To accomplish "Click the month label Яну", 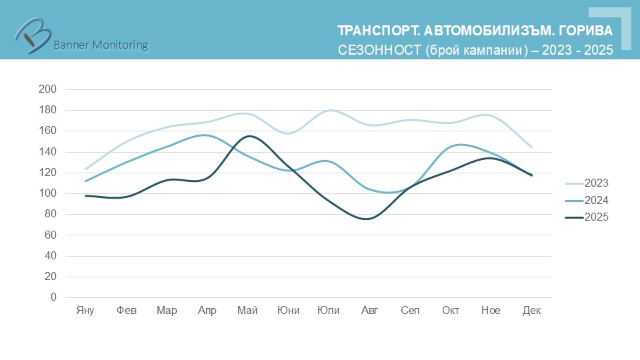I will pyautogui.click(x=85, y=311).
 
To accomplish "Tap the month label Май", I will pyautogui.click(x=247, y=311).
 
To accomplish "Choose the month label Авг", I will pyautogui.click(x=369, y=311).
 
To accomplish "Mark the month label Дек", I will pyautogui.click(x=531, y=311).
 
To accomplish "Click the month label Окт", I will pyautogui.click(x=451, y=311).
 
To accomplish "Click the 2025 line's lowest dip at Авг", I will pyautogui.click(x=368, y=219).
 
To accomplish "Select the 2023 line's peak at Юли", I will pyautogui.click(x=329, y=110).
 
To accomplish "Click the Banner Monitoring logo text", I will pyautogui.click(x=100, y=45).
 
